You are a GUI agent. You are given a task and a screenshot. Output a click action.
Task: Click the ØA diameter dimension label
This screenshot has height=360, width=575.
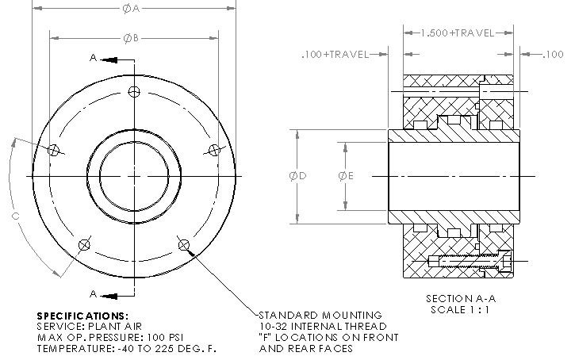tap(131, 9)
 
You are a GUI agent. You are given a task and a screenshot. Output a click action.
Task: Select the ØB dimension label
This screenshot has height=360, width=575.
tap(131, 38)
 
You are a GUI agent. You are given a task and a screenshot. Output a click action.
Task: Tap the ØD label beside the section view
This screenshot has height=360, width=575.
tap(297, 176)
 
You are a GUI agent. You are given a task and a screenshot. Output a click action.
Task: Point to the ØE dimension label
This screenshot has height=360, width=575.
tap(346, 176)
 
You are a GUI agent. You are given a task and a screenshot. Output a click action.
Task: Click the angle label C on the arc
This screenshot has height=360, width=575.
tap(15, 216)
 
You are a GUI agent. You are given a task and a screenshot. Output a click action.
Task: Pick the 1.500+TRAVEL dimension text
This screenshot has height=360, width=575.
tap(458, 33)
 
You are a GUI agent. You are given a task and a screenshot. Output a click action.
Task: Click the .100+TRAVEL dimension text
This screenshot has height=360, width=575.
tap(335, 55)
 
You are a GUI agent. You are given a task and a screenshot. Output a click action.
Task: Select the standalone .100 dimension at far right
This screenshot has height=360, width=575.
tap(553, 55)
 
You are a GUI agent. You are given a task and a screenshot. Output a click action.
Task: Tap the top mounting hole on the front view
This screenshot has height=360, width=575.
tap(134, 91)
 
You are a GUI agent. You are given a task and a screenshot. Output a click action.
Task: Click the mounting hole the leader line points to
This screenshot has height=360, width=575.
tap(184, 244)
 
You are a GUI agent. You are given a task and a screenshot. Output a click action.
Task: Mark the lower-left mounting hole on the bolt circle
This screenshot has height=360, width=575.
tap(84, 244)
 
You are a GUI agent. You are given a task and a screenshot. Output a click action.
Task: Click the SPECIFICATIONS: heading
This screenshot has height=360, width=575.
tap(82, 316)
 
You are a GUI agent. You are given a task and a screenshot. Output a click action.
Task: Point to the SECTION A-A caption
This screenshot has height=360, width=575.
tap(461, 299)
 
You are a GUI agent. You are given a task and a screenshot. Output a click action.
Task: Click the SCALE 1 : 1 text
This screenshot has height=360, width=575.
tap(460, 310)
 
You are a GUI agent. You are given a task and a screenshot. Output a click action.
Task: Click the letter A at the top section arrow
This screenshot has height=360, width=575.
tap(94, 58)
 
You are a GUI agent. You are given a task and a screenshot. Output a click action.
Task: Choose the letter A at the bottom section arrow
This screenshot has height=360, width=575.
tap(94, 294)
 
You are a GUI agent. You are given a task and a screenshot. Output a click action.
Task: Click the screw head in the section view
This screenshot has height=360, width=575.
tap(504, 262)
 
